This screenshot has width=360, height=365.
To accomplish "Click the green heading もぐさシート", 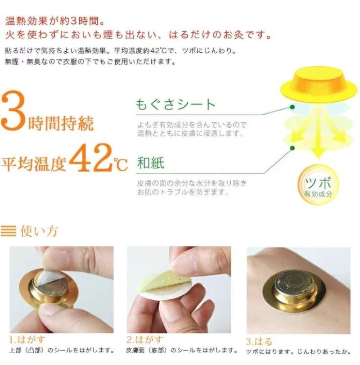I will [176, 105].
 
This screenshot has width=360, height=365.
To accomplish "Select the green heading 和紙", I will [151, 163].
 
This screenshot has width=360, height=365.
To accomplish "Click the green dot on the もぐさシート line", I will [292, 107].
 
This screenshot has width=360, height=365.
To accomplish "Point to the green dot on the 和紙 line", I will [292, 148].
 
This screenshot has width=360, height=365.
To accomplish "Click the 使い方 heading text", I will [39, 232].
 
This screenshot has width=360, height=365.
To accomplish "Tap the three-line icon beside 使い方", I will [10, 232].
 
